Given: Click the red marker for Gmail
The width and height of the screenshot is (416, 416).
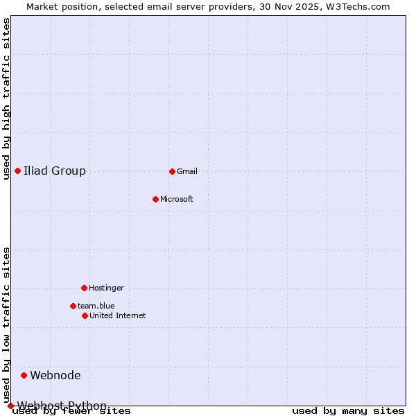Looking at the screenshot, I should point(172,171).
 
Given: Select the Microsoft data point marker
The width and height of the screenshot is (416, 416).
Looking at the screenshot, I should point(155,199).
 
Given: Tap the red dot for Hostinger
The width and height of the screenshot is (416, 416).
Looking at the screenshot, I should point(84,288).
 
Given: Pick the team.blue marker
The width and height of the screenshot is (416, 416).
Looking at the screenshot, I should point(73,306).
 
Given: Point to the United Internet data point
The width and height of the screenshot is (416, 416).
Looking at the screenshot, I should point(85,315).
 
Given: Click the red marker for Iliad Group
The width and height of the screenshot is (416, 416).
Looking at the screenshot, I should point(17,171).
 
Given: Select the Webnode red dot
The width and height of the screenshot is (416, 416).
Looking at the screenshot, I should point(24,375).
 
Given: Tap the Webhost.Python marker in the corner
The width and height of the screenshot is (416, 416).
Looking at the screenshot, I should point(10,406).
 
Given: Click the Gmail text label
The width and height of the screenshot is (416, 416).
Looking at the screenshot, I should point(187,171).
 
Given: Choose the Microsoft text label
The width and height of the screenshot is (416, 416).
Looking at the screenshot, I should point(177,199).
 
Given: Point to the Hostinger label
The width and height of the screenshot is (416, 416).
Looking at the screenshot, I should point(106,288).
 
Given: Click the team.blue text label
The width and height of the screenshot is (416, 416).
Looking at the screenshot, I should point(96,306).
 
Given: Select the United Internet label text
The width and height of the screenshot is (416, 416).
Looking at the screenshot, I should point(118,315).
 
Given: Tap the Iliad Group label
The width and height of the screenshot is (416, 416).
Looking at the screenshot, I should point(55,171).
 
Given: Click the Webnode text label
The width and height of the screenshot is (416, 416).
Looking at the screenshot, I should point(55,375).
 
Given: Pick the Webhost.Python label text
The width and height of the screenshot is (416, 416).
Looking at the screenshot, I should point(62,405).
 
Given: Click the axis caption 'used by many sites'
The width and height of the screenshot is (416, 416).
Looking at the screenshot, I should point(348,411).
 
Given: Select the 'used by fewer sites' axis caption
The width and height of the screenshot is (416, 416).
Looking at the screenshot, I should point(71,411).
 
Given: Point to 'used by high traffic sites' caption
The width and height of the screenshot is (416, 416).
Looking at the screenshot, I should point(6,98).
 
